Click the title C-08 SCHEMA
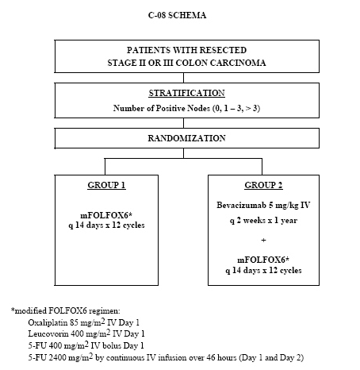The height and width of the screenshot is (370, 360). coord(177,15)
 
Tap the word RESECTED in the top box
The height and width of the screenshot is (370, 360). coord(223,50)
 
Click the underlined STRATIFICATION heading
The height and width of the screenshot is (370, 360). coord(186,93)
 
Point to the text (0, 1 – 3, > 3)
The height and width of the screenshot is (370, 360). coord(236,108)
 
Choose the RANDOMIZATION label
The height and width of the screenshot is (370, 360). coord(186,138)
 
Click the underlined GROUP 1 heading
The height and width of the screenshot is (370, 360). coord(106,185)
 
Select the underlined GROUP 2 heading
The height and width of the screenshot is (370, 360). coord(263,185)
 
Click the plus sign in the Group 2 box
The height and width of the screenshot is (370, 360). coord(263,241)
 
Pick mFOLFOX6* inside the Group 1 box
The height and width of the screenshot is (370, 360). coord(106,215)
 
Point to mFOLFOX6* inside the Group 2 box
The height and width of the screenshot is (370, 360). coord(263,260)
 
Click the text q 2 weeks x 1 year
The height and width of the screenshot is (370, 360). coord(263,221)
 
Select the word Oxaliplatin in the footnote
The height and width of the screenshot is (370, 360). coord(48,322)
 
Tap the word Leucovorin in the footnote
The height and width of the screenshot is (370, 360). coord(48,333)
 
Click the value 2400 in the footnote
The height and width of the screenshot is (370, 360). coord(57,358)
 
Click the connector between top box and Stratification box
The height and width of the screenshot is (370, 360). coord(183,78)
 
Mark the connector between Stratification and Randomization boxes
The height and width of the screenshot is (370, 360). coord(183,123)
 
